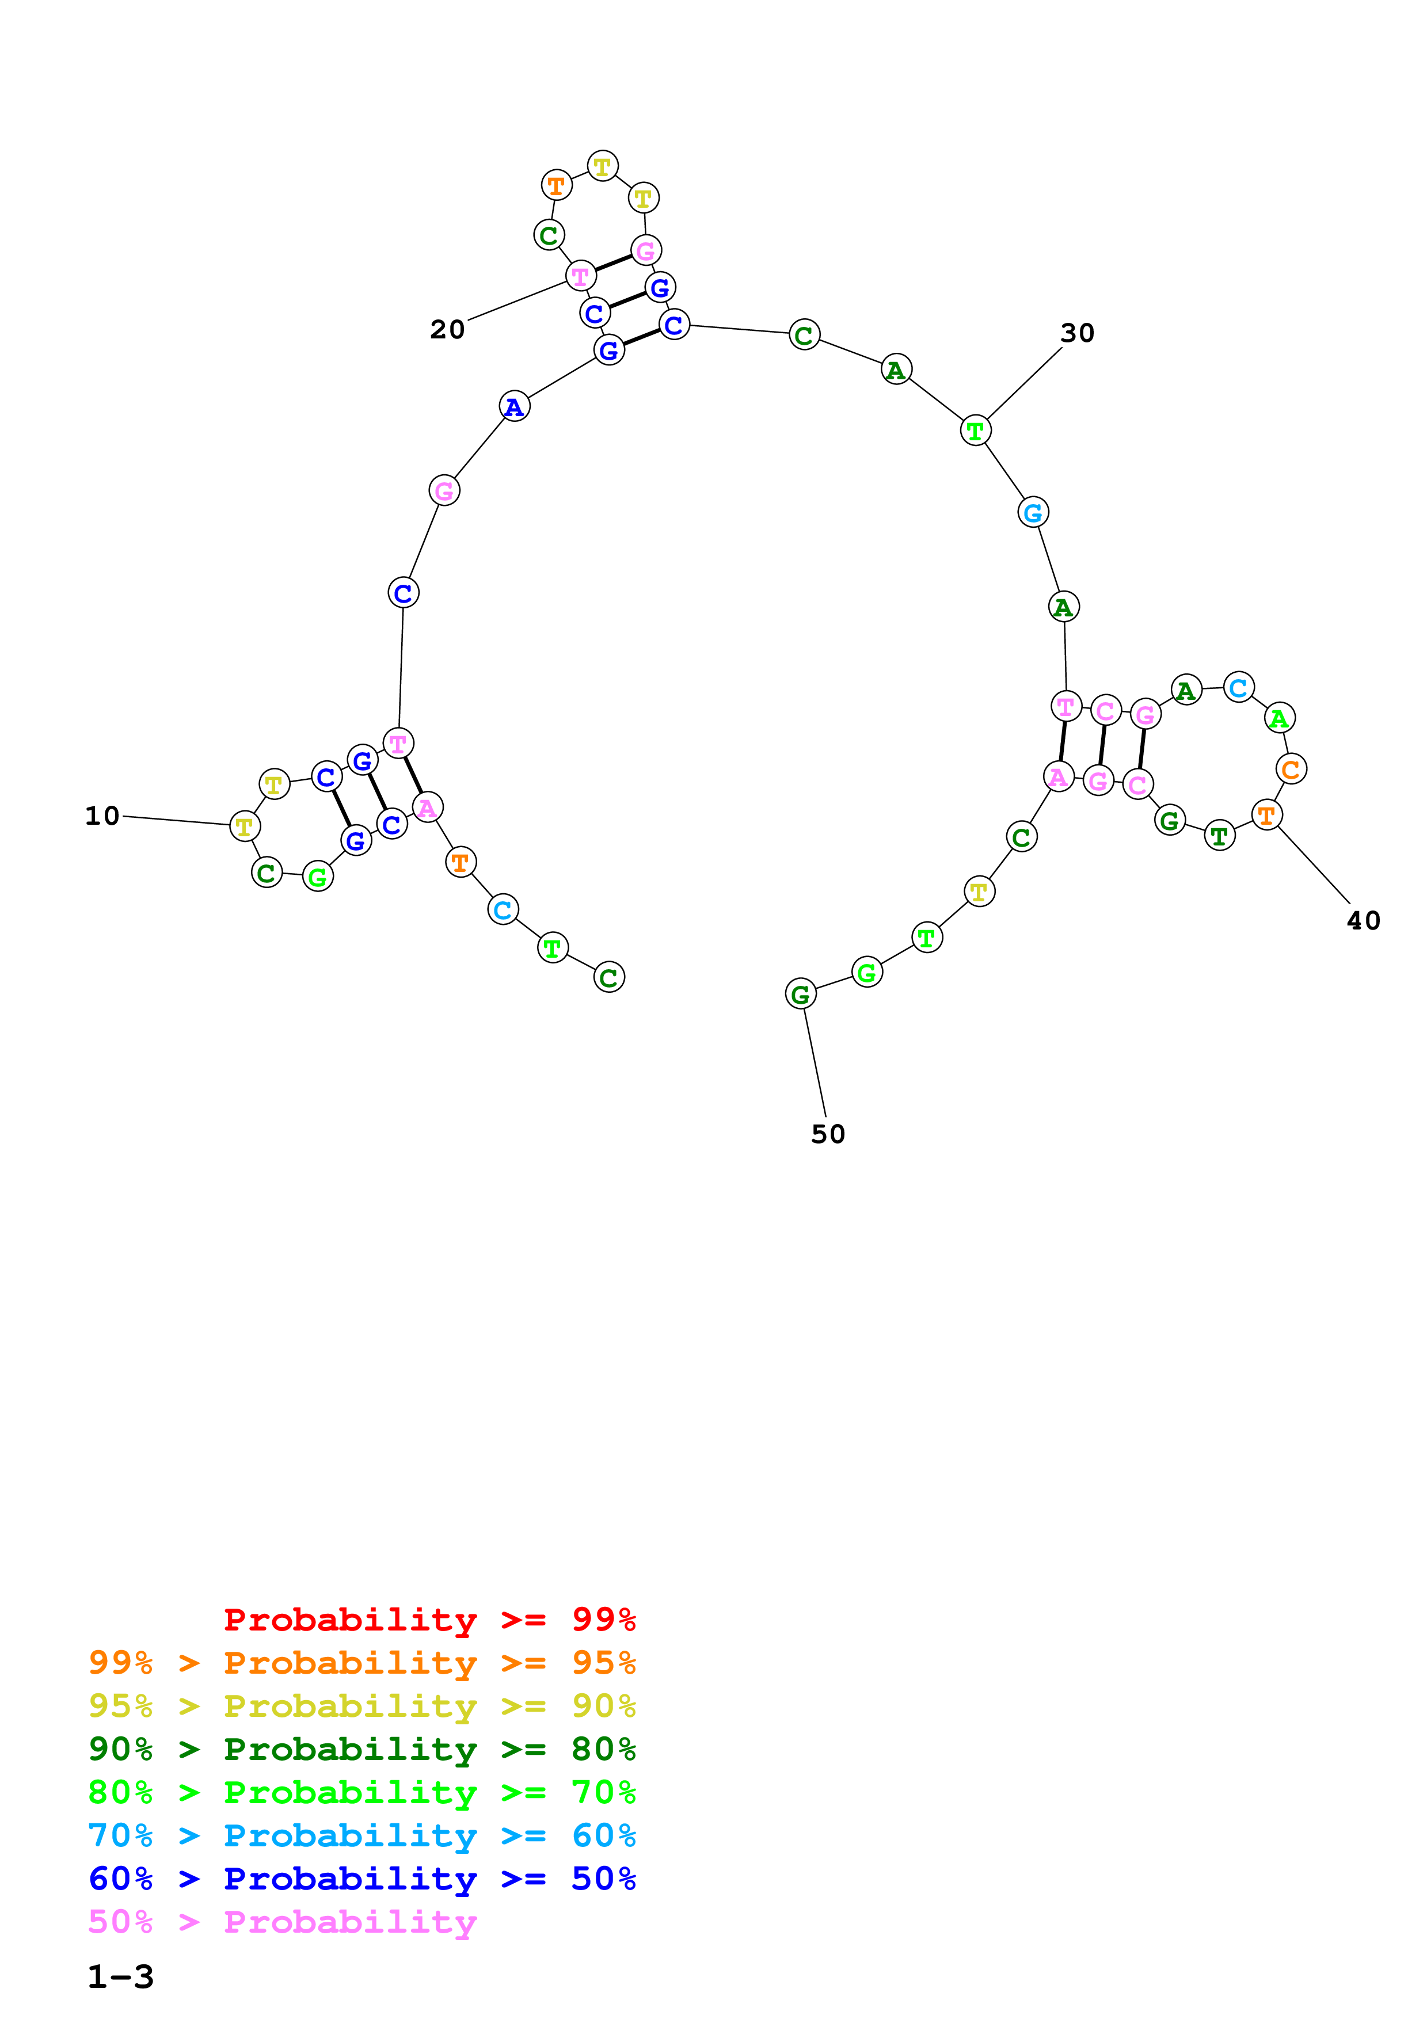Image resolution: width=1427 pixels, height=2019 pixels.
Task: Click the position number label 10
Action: coord(102,816)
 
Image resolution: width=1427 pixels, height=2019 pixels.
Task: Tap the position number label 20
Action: coord(447,330)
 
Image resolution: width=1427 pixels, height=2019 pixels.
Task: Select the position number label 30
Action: coord(1077,333)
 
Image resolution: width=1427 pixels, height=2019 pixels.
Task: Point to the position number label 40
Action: coord(1364,921)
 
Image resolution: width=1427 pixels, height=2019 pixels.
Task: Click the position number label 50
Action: coord(827,1134)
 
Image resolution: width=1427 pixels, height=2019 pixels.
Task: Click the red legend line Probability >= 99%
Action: coord(429,1619)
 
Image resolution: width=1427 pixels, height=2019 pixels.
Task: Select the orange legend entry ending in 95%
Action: coord(361,1662)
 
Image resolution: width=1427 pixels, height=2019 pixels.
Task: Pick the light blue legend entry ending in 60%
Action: coord(361,1835)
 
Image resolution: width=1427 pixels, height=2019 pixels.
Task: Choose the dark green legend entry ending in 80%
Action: coord(361,1749)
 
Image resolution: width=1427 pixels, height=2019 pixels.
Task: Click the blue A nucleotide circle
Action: coord(515,406)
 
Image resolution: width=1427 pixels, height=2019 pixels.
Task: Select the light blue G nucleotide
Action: coord(1033,512)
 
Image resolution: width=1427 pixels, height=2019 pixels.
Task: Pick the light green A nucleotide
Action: coord(1279,718)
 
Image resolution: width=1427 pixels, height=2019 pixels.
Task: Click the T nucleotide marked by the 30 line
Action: coord(975,431)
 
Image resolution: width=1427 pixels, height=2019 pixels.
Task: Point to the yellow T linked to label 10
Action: coord(245,826)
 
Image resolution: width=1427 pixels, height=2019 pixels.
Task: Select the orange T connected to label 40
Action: coord(1266,815)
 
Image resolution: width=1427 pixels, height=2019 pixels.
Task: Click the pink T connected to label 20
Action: coord(580,276)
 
